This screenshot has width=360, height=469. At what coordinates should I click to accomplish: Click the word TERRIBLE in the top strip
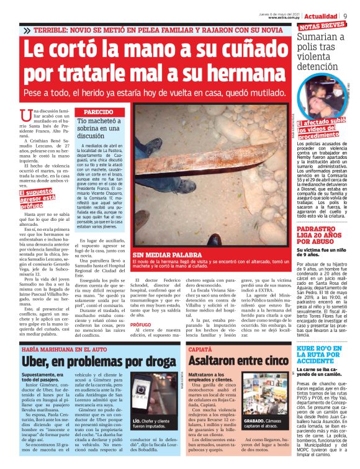coord(53,30)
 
